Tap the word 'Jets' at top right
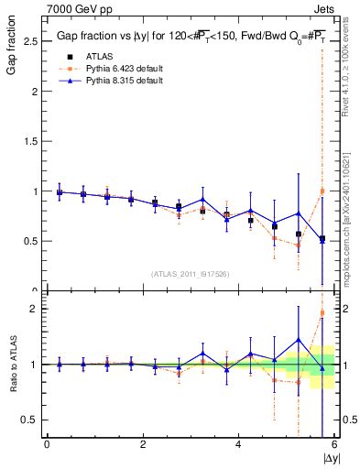pyautogui.click(x=325, y=7)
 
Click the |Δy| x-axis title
pyautogui.click(x=330, y=456)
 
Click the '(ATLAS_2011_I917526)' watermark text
pyautogui.click(x=191, y=274)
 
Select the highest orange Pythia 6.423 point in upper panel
pyautogui.click(x=322, y=191)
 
